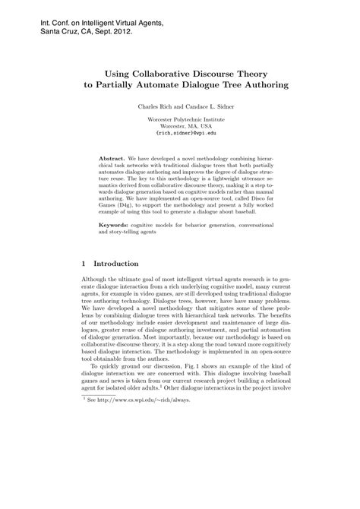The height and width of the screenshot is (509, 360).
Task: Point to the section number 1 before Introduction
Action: (x=84, y=264)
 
